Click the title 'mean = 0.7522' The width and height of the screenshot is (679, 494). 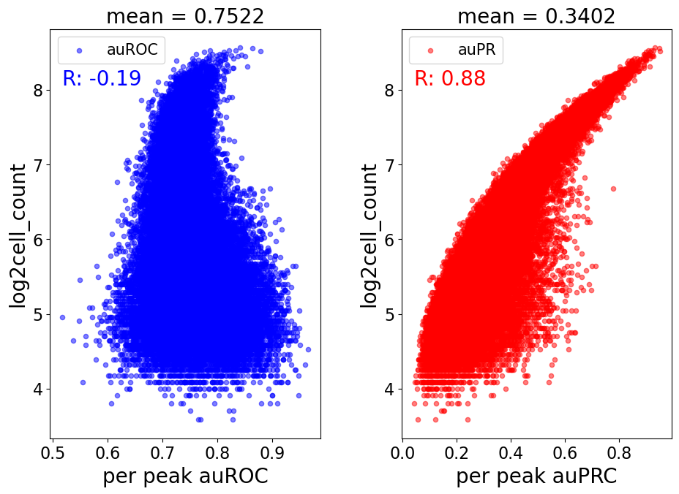[185, 16]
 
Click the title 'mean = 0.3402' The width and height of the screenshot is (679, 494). [536, 16]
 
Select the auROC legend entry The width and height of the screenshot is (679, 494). [111, 50]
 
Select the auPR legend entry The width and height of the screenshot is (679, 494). [456, 50]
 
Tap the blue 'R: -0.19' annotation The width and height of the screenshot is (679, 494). [102, 78]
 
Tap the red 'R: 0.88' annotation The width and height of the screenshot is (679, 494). [450, 78]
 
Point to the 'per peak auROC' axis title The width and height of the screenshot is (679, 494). [185, 476]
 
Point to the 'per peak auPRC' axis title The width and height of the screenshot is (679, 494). [536, 476]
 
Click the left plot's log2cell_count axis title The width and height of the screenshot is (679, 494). [18, 236]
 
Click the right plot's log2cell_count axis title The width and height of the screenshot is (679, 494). [369, 236]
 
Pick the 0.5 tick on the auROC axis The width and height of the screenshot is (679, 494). [53, 453]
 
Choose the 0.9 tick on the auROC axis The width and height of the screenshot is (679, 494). [272, 453]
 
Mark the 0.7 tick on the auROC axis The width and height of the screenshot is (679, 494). [162, 453]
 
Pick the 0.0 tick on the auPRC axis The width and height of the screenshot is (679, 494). [402, 453]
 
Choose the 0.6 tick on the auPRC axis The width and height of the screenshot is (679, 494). [565, 453]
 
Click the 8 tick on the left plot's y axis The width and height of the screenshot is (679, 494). [39, 91]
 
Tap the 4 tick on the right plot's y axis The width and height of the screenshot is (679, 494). [390, 389]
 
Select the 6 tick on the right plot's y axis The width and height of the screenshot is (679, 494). [390, 240]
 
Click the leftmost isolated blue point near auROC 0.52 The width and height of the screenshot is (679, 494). [62, 317]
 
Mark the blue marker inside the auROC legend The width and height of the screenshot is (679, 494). [79, 50]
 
